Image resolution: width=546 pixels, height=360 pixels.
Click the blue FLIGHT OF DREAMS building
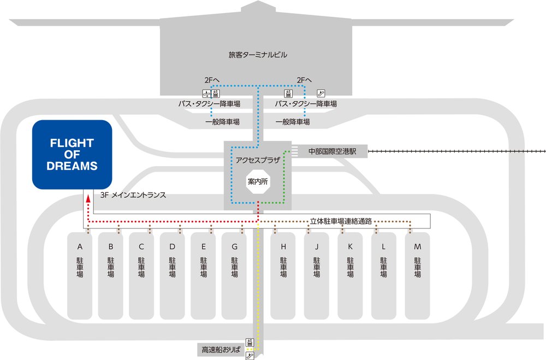[72, 155]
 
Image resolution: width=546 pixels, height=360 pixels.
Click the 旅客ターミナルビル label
[258, 55]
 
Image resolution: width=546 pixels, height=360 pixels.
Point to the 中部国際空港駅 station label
[332, 151]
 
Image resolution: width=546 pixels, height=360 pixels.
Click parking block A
[80, 276]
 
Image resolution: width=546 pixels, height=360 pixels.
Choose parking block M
[418, 276]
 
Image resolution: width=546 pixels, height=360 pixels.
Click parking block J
[317, 276]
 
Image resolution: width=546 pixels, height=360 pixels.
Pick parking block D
[173, 276]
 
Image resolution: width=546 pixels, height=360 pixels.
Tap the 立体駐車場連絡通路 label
[341, 221]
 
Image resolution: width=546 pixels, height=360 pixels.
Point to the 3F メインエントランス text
[133, 194]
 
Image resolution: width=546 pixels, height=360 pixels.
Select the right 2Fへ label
[304, 80]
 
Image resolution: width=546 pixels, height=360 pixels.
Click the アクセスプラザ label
[257, 160]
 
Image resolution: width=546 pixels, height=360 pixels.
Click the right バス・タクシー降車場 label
[306, 103]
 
